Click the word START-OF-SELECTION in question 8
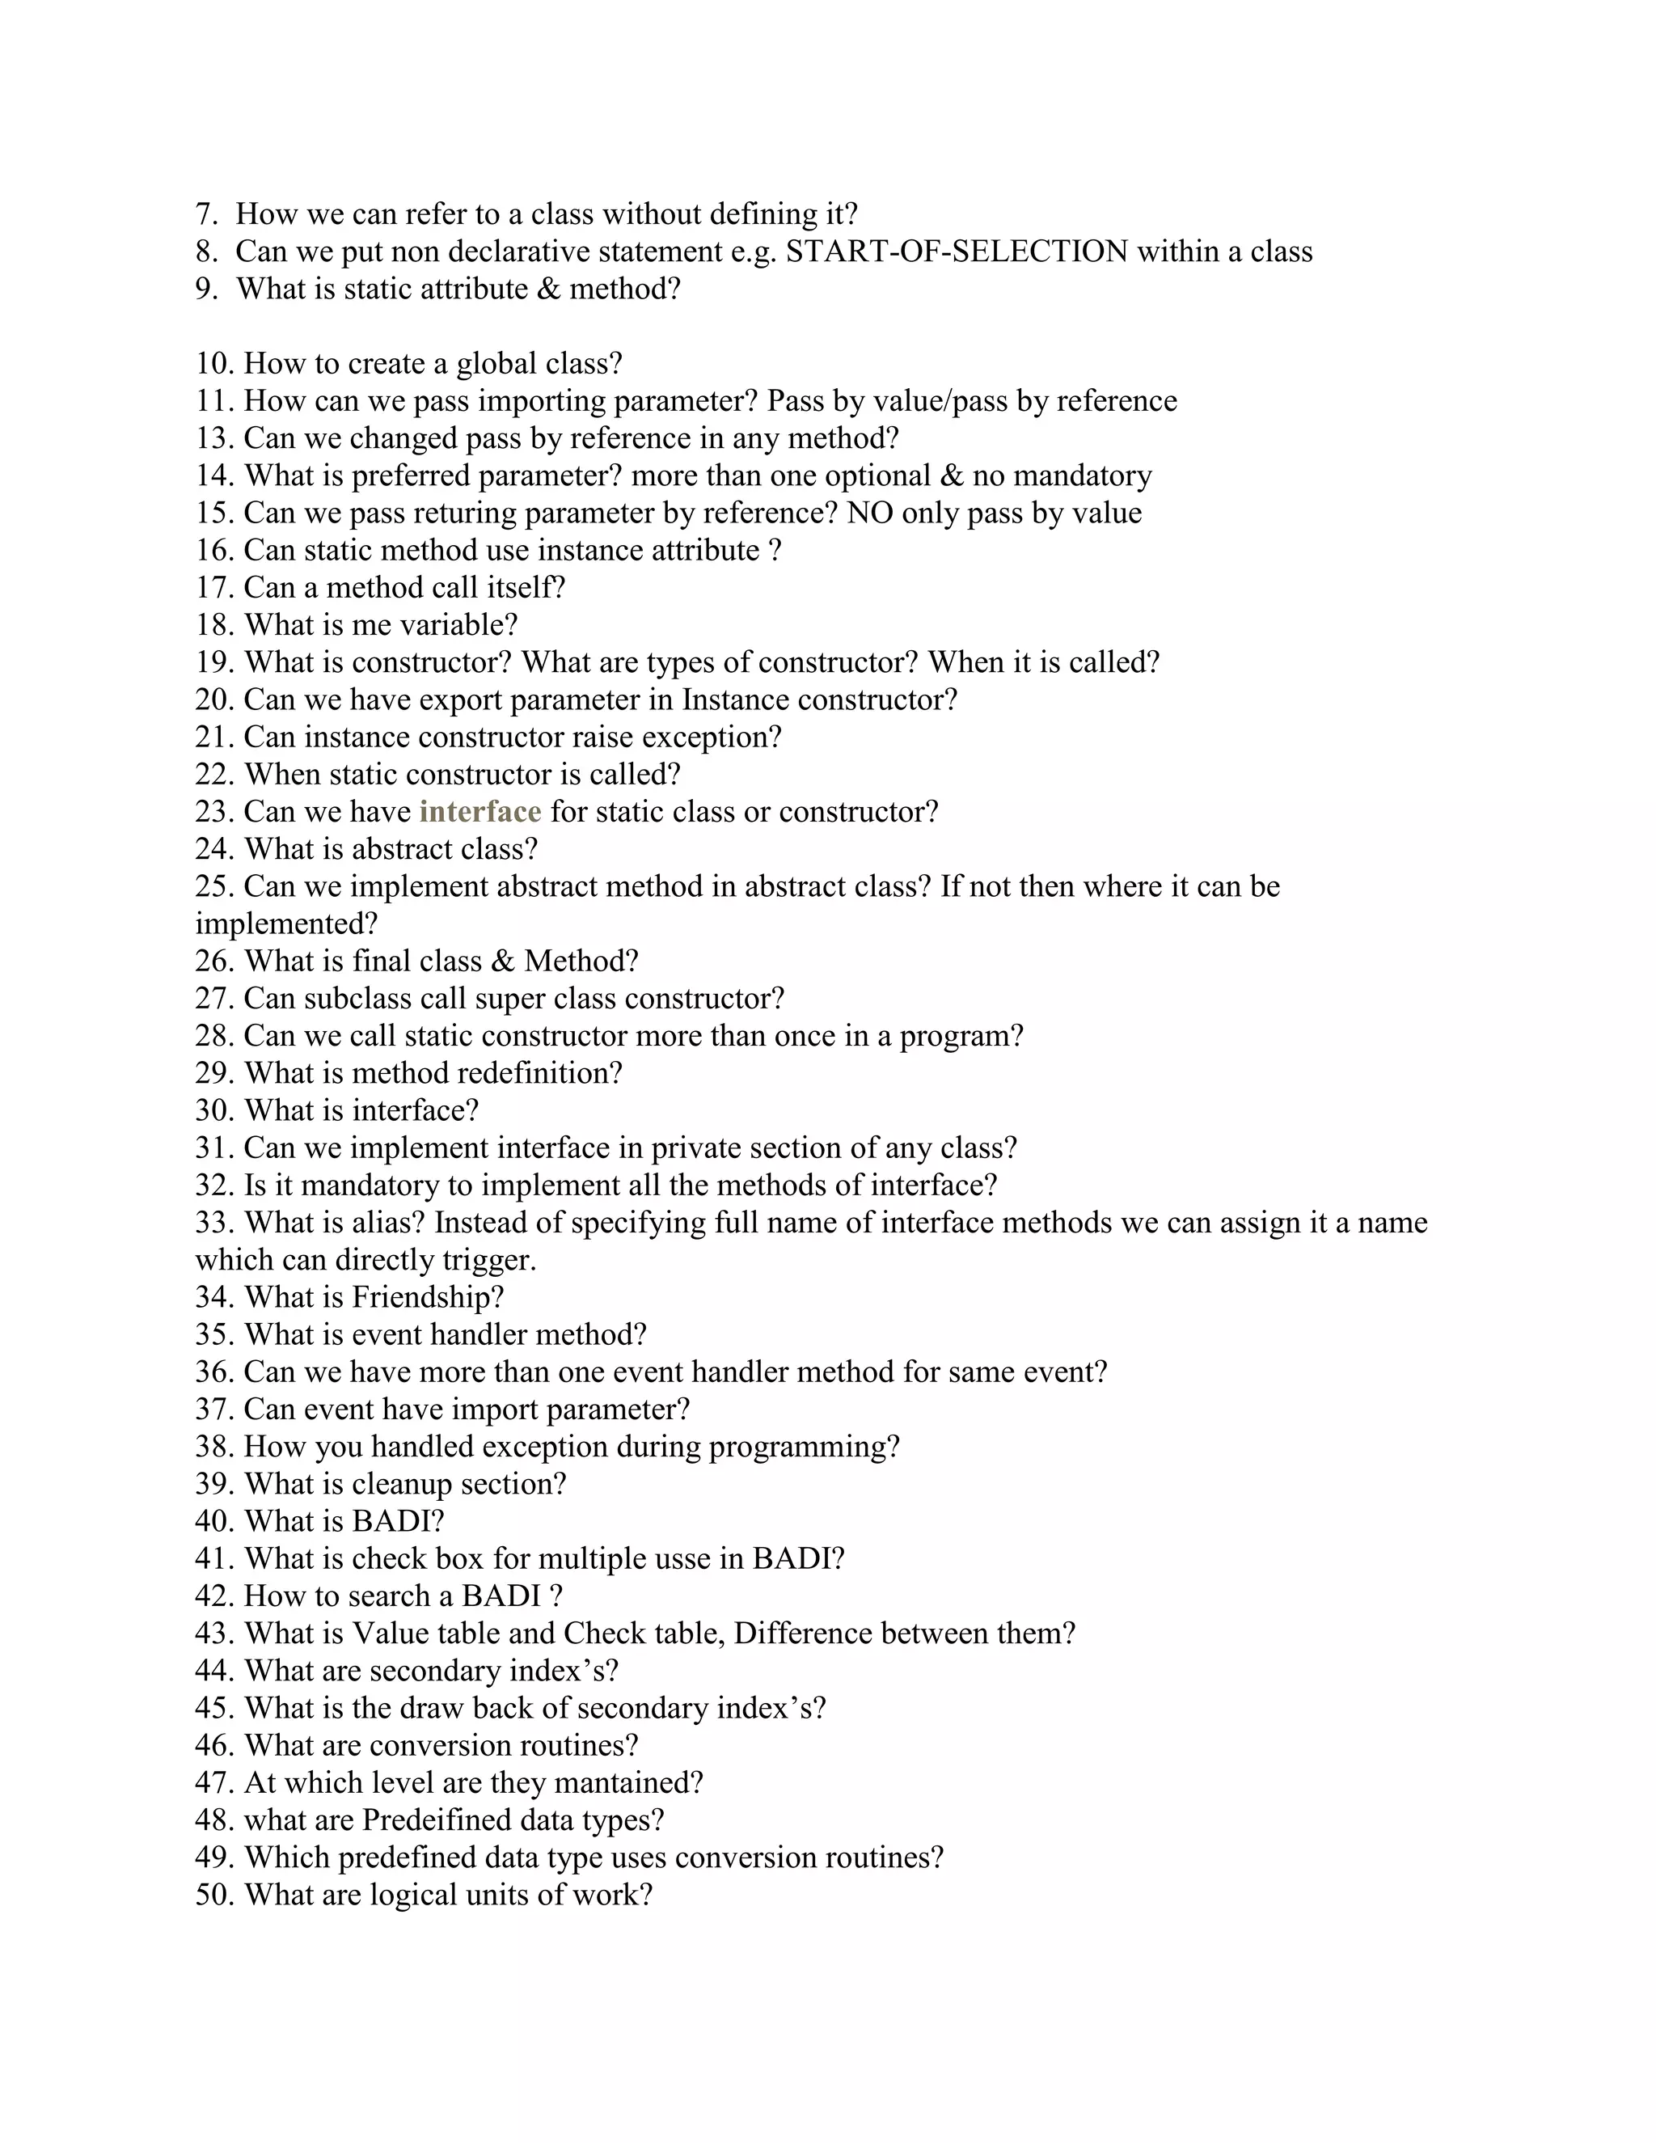[x=957, y=252]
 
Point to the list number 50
[x=215, y=1895]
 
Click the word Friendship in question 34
[x=427, y=1297]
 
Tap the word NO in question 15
[x=869, y=514]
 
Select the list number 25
[x=215, y=887]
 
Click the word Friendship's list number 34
[x=215, y=1297]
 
